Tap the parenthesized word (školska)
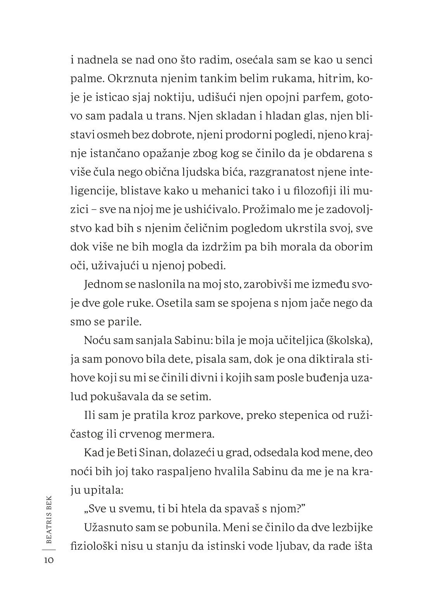coord(350,341)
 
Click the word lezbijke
coord(347,528)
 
